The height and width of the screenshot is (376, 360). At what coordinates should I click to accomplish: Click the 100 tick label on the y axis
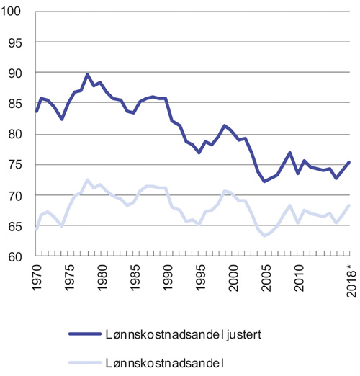pos(14,12)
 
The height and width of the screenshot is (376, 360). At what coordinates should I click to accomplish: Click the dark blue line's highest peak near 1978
pos(87,75)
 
